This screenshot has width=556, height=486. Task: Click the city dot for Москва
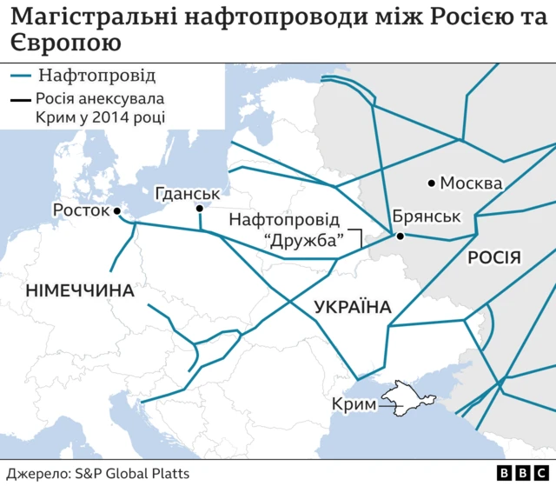tap(431, 183)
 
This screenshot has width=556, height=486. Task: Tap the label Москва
tap(472, 183)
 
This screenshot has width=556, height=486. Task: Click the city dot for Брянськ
tap(400, 236)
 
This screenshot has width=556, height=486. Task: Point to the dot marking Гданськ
tap(200, 209)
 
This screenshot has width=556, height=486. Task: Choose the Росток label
tap(81, 210)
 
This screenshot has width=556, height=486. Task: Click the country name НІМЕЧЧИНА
tap(80, 290)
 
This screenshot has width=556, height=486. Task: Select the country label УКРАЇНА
tap(353, 307)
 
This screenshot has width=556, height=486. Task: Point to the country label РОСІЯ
tap(493, 257)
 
